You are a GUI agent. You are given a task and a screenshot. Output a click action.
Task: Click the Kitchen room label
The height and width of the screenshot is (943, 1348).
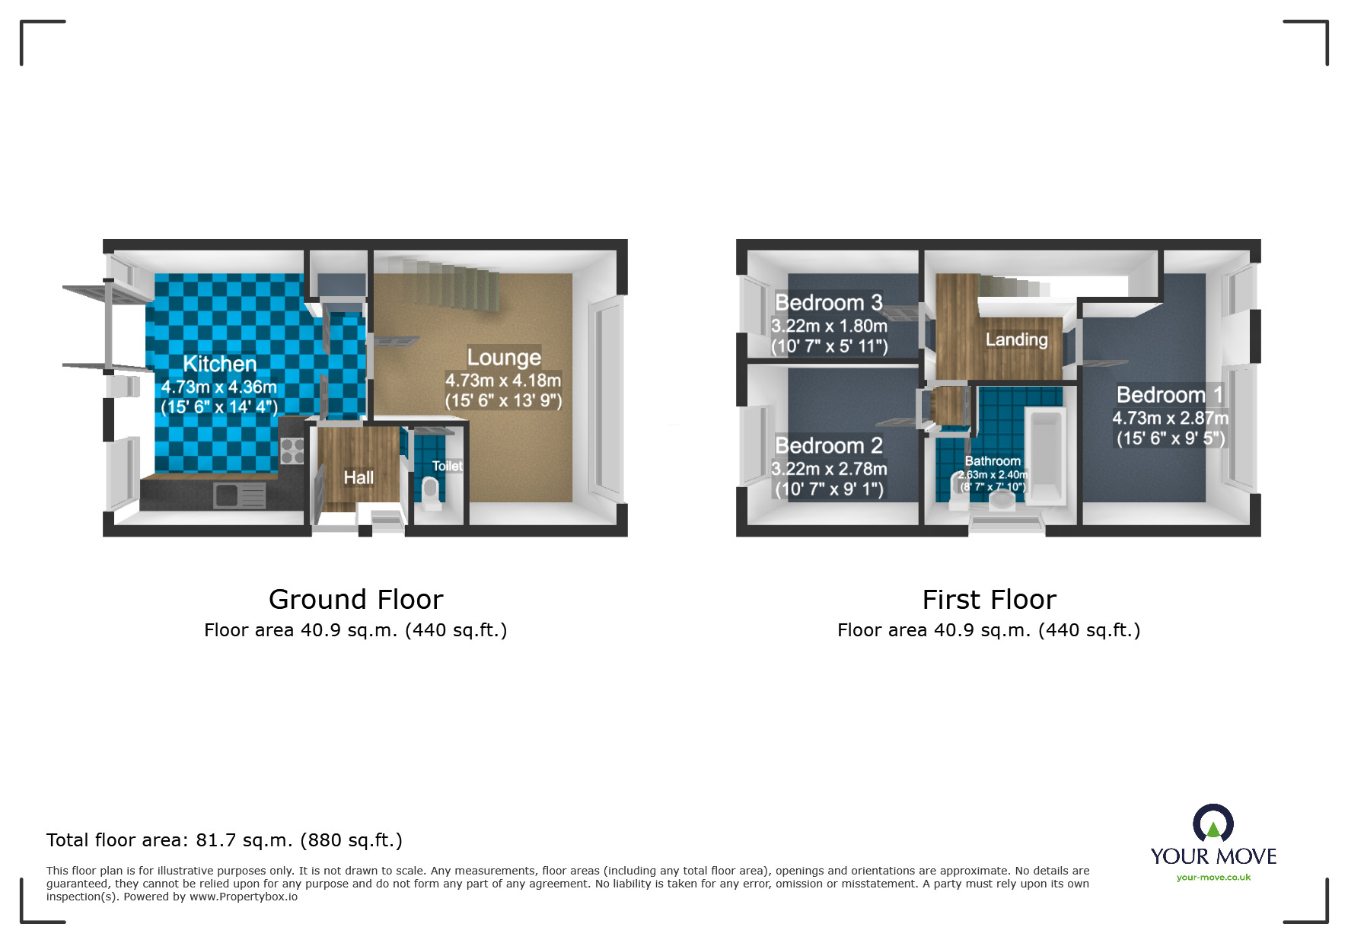pyautogui.click(x=219, y=364)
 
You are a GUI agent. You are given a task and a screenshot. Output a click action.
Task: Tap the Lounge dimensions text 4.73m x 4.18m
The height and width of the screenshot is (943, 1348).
pyautogui.click(x=502, y=381)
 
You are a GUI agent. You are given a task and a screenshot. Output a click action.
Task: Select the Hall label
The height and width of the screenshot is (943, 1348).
pyautogui.click(x=358, y=477)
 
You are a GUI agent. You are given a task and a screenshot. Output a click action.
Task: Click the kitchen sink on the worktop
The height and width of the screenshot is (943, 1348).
pyautogui.click(x=239, y=495)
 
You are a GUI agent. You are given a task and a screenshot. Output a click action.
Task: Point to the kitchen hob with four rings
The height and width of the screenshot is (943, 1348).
pyautogui.click(x=292, y=451)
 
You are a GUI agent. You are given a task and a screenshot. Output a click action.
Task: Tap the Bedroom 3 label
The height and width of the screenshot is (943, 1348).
pyautogui.click(x=828, y=303)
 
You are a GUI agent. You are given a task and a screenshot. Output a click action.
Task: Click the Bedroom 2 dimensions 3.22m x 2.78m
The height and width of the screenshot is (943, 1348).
pyautogui.click(x=829, y=469)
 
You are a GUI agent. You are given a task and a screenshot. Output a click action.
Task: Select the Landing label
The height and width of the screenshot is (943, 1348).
pyautogui.click(x=1016, y=339)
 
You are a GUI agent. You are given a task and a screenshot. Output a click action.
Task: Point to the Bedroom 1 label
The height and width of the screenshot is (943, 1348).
pyautogui.click(x=1169, y=395)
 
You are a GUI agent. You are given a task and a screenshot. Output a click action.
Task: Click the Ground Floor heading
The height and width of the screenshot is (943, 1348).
pyautogui.click(x=355, y=600)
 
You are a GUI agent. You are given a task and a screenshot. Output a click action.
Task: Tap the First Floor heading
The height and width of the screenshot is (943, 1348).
pyautogui.click(x=989, y=600)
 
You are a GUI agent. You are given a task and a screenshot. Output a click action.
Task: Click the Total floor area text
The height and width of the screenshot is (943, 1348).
pyautogui.click(x=224, y=840)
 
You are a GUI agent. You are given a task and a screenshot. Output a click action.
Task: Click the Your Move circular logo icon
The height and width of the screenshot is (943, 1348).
pyautogui.click(x=1213, y=824)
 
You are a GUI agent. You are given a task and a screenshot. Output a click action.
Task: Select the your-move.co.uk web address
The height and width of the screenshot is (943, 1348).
pyautogui.click(x=1213, y=878)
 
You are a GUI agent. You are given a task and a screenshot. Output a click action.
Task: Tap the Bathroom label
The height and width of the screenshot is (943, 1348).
pyautogui.click(x=992, y=461)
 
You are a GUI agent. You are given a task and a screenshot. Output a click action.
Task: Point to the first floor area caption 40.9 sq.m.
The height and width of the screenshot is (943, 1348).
pyautogui.click(x=988, y=630)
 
